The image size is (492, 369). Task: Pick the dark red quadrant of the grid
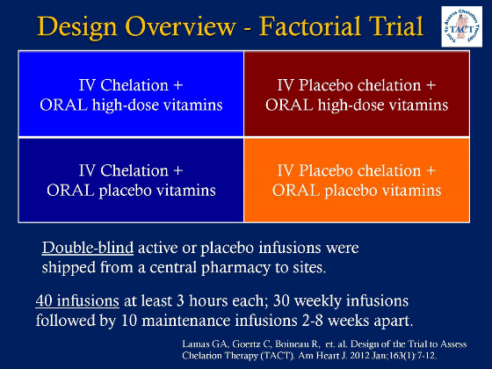pyautogui.click(x=358, y=94)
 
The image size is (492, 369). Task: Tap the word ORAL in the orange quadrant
pyautogui.click(x=298, y=191)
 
